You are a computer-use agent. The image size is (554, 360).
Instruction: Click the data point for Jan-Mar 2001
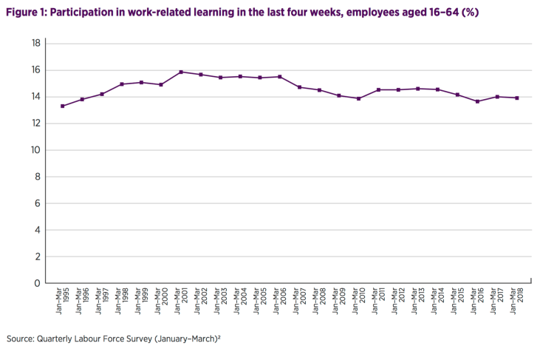point(181,72)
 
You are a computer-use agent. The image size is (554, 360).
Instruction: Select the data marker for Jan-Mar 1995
point(63,106)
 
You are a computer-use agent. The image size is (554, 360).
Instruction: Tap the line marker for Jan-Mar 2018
point(516,98)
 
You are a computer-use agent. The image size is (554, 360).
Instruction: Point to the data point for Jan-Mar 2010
point(358,99)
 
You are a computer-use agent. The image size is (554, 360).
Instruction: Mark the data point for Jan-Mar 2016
point(477,101)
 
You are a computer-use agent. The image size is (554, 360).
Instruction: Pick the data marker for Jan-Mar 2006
point(280,77)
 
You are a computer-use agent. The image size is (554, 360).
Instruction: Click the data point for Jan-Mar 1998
point(122,84)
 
